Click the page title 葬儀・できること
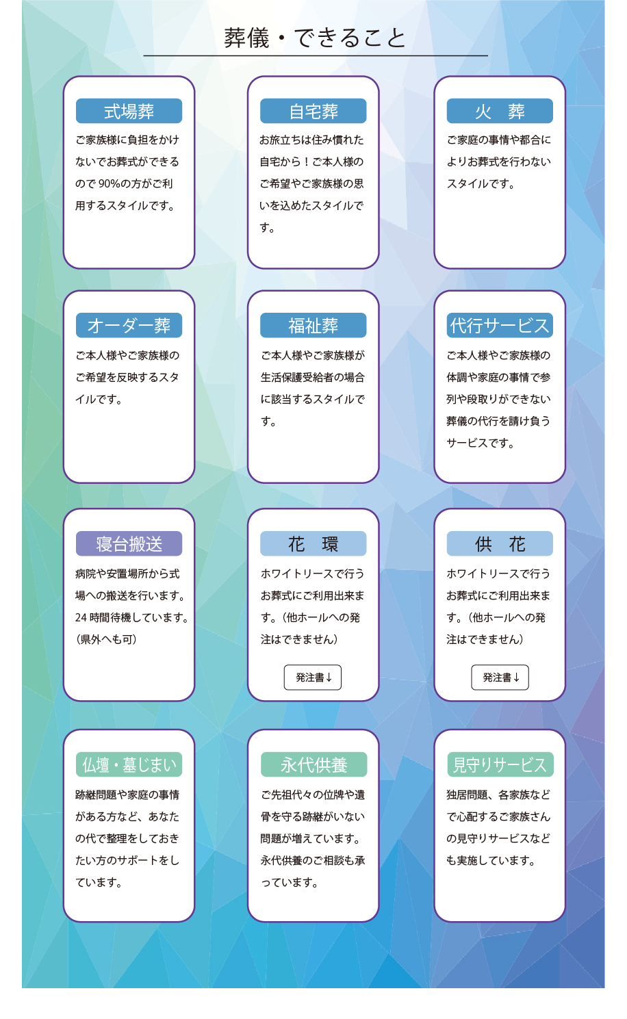315,38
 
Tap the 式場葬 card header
129,111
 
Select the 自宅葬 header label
313,111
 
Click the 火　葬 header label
500,111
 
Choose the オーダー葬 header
129,326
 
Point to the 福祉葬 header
313,326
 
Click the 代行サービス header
500,326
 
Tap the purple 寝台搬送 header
129,544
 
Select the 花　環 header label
313,544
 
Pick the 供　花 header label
500,544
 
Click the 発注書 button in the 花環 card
313,678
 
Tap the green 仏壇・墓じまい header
129,764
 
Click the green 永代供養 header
313,764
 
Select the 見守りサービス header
500,764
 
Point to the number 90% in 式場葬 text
110,184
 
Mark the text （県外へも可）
107,640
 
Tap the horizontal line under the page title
315,55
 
